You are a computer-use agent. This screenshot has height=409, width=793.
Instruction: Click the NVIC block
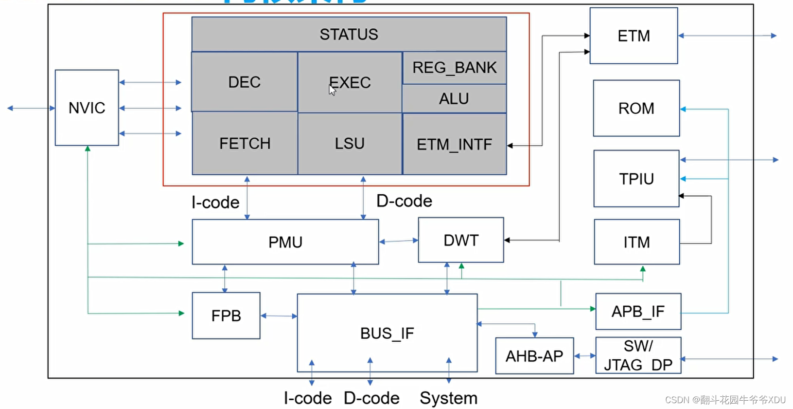pyautogui.click(x=87, y=108)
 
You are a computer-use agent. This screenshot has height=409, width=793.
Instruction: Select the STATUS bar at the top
pyautogui.click(x=349, y=34)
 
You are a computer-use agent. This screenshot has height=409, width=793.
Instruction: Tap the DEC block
pyautogui.click(x=244, y=82)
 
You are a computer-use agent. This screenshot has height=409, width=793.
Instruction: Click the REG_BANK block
pyautogui.click(x=454, y=68)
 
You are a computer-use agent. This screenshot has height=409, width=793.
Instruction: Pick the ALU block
pyautogui.click(x=454, y=99)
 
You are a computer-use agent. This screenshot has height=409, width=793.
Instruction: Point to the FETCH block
pyautogui.click(x=245, y=144)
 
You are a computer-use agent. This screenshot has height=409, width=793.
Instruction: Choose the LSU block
pyautogui.click(x=349, y=144)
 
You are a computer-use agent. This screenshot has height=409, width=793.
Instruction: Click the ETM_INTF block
pyautogui.click(x=454, y=144)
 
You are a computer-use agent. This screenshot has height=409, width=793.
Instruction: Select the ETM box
pyautogui.click(x=634, y=36)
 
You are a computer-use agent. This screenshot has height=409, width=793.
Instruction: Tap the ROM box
pyautogui.click(x=636, y=108)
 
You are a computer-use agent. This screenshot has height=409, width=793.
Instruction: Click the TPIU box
pyautogui.click(x=636, y=179)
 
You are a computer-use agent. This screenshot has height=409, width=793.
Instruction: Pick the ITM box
pyautogui.click(x=636, y=242)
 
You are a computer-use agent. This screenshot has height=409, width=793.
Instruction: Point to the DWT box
pyautogui.click(x=460, y=240)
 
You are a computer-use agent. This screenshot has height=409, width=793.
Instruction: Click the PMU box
pyautogui.click(x=285, y=242)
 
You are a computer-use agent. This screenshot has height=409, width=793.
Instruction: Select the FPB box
pyautogui.click(x=226, y=316)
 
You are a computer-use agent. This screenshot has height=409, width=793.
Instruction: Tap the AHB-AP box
pyautogui.click(x=534, y=356)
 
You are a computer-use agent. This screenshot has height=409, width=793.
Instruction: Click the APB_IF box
pyautogui.click(x=638, y=311)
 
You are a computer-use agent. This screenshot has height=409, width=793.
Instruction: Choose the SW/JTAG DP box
pyautogui.click(x=638, y=355)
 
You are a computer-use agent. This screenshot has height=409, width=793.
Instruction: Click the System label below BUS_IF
pyautogui.click(x=448, y=398)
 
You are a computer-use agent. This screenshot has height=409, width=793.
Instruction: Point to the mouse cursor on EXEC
pyautogui.click(x=333, y=90)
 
